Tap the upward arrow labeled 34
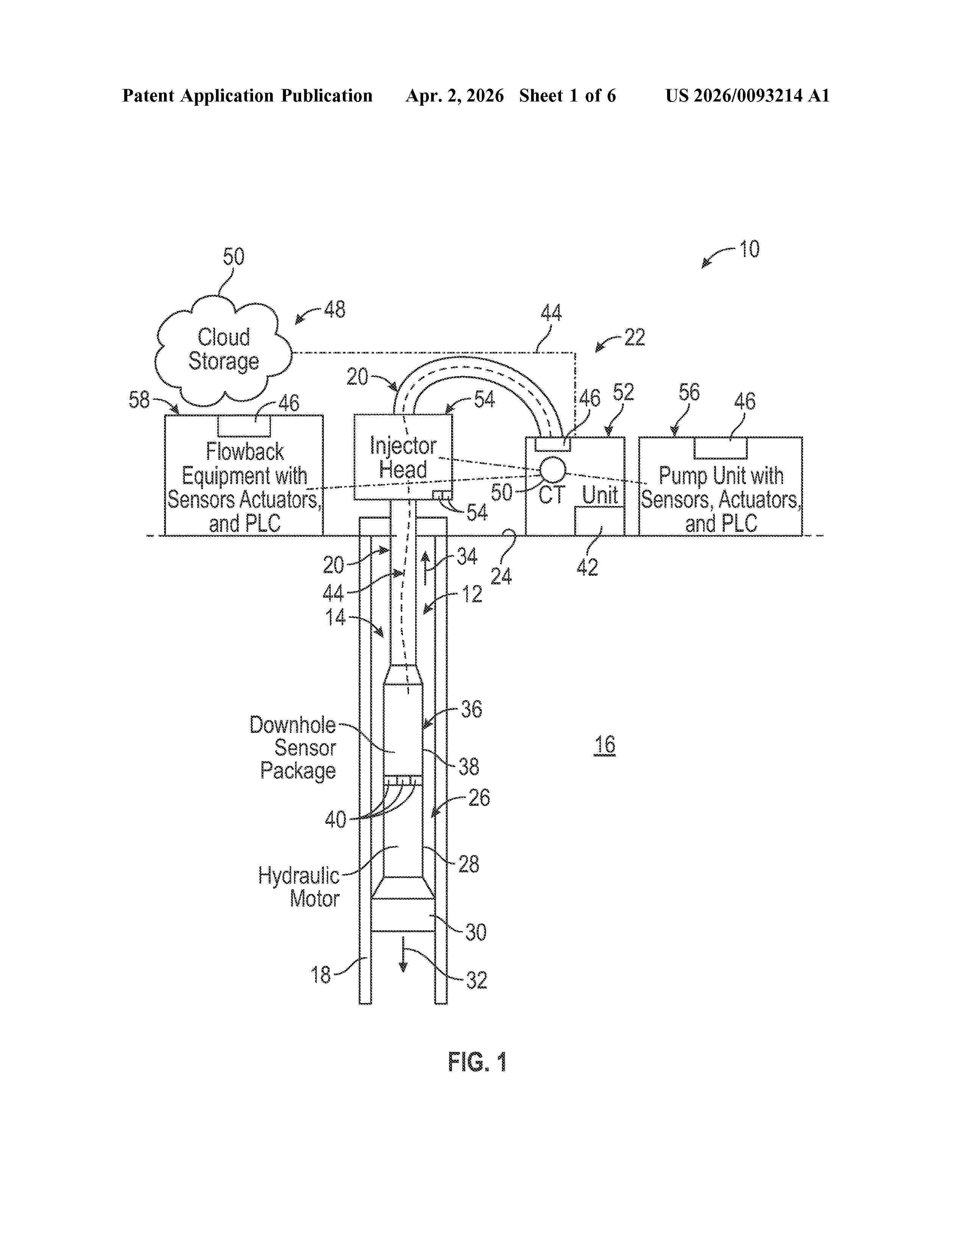(x=425, y=568)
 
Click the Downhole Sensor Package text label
(x=292, y=747)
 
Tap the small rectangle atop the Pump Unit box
(x=721, y=448)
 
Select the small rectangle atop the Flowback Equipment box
(x=244, y=426)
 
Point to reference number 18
(x=320, y=974)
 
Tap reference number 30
(x=475, y=932)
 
